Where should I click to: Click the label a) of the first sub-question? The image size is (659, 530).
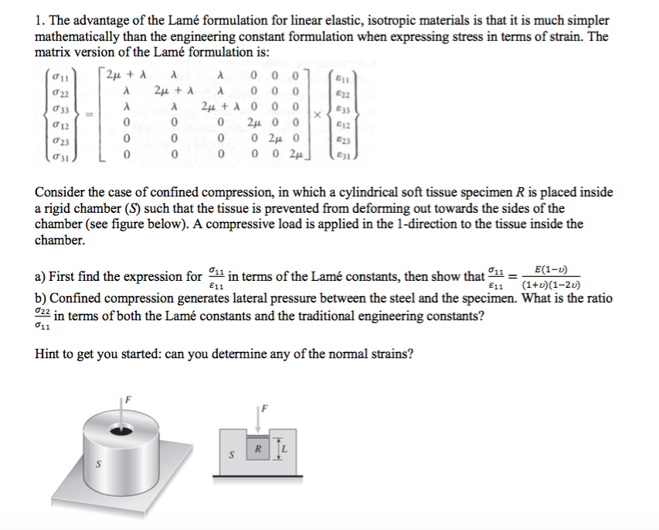[42, 277]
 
